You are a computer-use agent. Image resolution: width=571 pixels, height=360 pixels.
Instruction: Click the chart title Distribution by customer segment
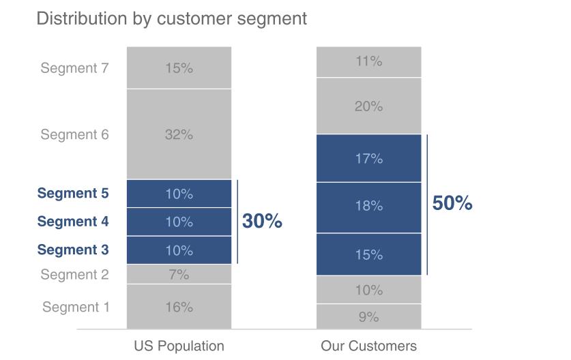(x=171, y=18)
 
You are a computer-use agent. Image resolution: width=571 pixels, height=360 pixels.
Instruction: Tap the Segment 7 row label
(x=74, y=68)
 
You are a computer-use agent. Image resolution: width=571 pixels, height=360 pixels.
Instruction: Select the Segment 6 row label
(x=74, y=134)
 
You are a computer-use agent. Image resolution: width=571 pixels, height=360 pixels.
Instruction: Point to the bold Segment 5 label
(x=73, y=194)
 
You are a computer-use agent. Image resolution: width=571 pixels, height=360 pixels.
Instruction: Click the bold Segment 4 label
(x=73, y=222)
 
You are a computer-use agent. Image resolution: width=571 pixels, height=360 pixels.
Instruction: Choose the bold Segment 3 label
(x=73, y=250)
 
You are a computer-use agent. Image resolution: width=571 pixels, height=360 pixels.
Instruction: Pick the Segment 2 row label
(x=74, y=275)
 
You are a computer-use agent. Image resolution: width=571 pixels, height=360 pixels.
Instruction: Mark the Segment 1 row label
(x=76, y=307)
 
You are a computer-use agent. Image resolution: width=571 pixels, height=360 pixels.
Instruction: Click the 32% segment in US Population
(x=179, y=134)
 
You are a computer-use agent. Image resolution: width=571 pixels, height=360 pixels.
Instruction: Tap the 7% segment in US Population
(x=179, y=275)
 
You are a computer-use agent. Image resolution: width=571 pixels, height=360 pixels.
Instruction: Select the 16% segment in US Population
(x=179, y=307)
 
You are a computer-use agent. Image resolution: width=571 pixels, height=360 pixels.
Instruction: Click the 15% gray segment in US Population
(x=179, y=68)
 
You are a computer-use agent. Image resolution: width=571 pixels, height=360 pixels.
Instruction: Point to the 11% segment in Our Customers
(x=368, y=61)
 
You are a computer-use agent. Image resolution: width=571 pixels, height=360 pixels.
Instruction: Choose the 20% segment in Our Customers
(x=368, y=106)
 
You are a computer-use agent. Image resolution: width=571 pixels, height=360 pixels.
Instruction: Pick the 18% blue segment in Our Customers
(x=368, y=206)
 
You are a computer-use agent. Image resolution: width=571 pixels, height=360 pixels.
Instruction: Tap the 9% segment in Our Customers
(x=368, y=317)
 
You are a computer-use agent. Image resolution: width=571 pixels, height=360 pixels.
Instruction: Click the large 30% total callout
(x=262, y=222)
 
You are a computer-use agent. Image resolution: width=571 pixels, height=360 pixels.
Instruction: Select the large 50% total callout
(x=452, y=203)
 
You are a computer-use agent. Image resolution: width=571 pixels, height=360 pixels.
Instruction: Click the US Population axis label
(x=179, y=346)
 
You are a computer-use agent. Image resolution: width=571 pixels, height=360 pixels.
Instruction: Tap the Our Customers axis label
(x=368, y=346)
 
